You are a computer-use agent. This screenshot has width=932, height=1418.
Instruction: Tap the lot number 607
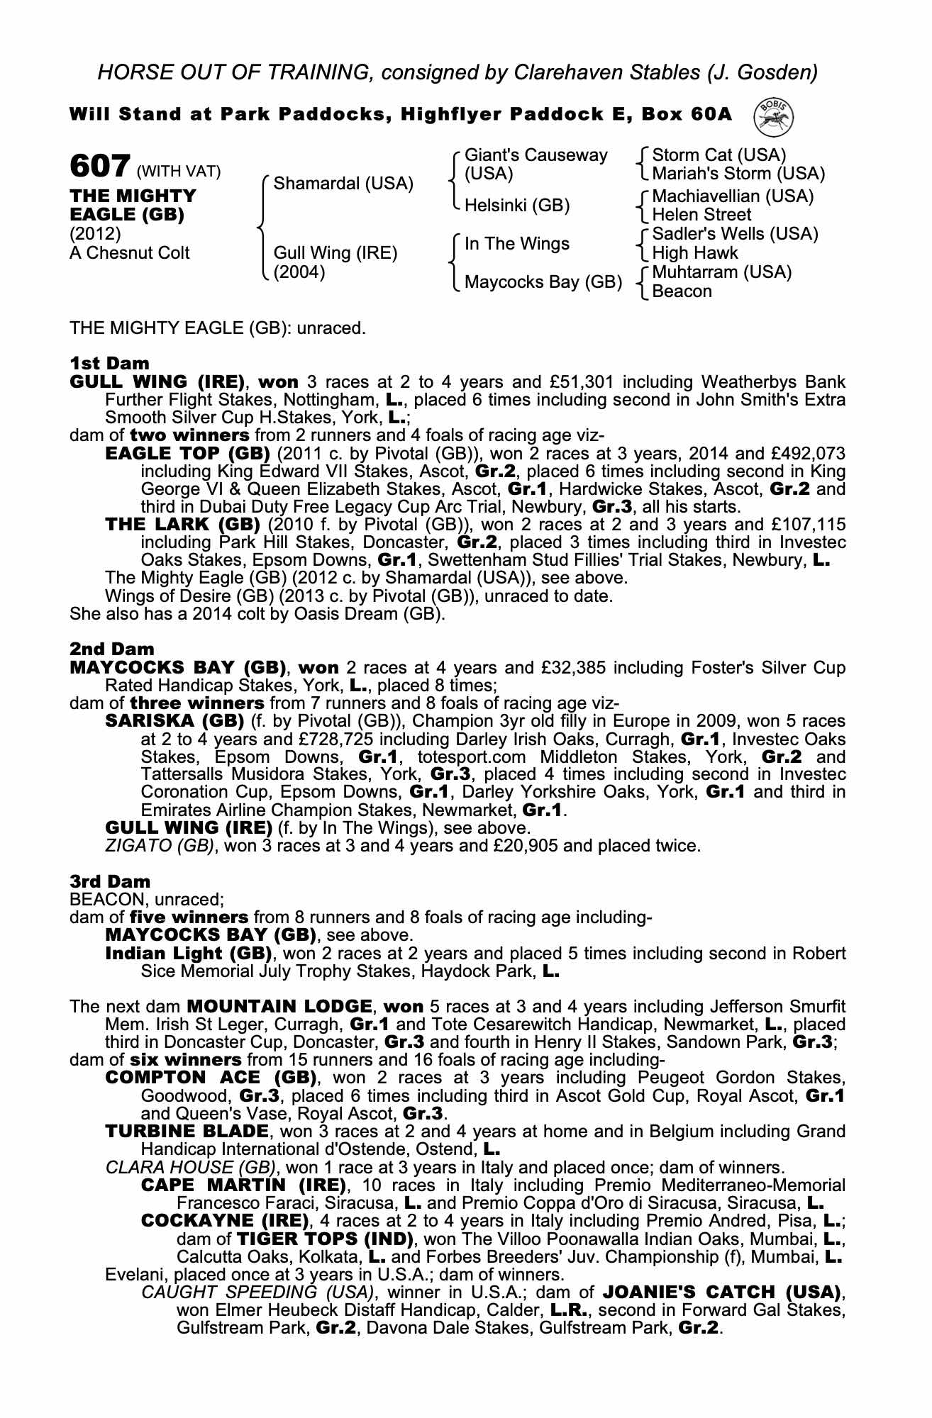click(x=99, y=167)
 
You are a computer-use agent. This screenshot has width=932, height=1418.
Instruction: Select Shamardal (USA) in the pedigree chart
click(x=343, y=184)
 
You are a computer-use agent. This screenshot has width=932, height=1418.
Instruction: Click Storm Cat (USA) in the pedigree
click(x=719, y=155)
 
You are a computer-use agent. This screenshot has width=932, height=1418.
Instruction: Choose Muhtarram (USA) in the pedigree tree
click(x=721, y=272)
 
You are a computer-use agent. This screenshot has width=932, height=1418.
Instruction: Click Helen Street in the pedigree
click(x=701, y=215)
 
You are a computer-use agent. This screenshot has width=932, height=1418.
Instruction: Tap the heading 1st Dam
click(x=100, y=364)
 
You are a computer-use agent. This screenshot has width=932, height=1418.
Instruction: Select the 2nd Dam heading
click(x=101, y=649)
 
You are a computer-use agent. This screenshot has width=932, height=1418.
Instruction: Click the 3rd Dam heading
click(x=101, y=881)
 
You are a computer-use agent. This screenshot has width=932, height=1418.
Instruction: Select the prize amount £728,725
click(x=278, y=739)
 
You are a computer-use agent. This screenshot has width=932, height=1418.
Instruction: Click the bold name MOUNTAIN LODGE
click(x=279, y=1006)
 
